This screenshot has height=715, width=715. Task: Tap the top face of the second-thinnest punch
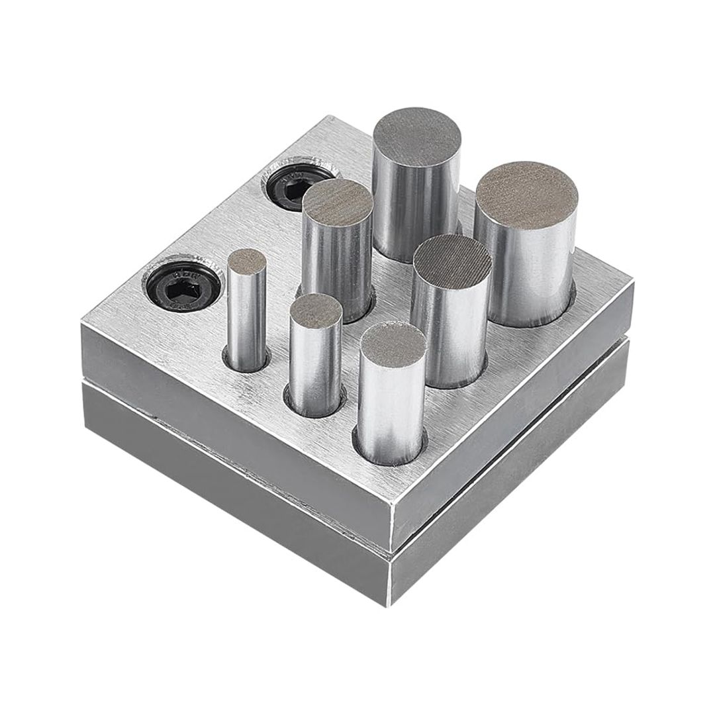pos(316,311)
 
